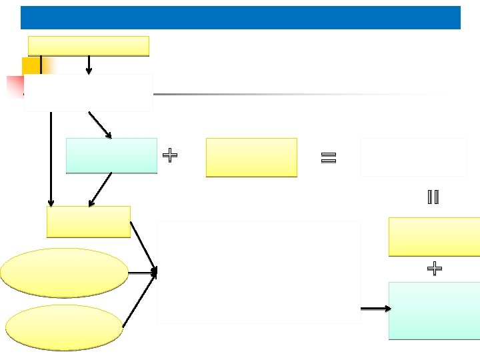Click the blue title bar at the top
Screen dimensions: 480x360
[240, 17]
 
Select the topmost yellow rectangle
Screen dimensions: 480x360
[88, 46]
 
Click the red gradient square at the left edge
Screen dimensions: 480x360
[15, 86]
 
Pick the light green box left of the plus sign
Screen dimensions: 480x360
[111, 155]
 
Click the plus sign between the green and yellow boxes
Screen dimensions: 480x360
[170, 156]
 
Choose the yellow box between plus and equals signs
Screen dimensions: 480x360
[251, 157]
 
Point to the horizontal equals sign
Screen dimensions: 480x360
[328, 158]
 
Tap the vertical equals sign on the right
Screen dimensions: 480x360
[433, 197]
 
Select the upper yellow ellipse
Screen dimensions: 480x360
[64, 273]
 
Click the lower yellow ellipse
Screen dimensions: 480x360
[64, 327]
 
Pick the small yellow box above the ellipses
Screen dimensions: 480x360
[88, 221]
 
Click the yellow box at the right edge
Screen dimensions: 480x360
[434, 237]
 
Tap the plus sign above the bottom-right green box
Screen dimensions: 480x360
[434, 269]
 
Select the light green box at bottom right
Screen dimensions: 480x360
[434, 311]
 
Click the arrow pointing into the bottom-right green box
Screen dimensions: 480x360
[376, 309]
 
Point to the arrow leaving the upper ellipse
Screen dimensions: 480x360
[143, 273]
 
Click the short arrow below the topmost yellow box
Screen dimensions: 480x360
[89, 64]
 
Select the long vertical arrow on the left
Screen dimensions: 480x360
[51, 160]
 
